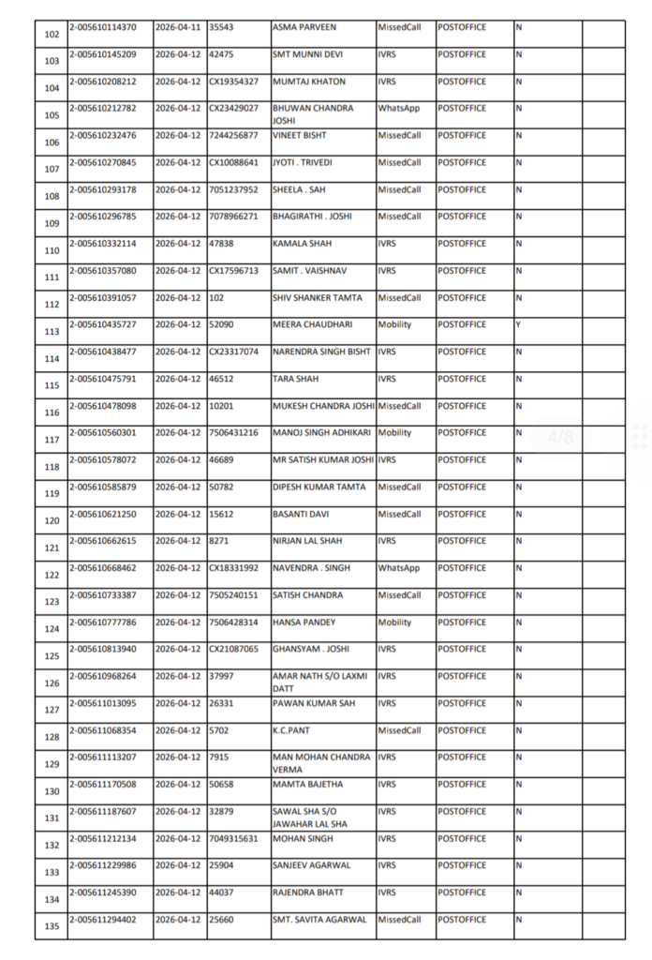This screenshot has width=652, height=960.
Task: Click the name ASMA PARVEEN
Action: tap(304, 27)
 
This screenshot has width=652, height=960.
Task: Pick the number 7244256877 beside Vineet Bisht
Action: tap(233, 136)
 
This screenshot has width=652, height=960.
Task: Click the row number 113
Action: tap(52, 331)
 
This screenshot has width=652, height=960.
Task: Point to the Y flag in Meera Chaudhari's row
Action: tap(518, 324)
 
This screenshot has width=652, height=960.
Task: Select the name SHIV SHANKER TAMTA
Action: tap(316, 298)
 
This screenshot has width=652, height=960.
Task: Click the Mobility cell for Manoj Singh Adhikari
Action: tap(394, 433)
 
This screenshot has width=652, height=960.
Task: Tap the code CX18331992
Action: tap(233, 568)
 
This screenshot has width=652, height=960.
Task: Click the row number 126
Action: tap(52, 682)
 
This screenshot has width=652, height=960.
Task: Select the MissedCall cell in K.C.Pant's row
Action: tap(399, 730)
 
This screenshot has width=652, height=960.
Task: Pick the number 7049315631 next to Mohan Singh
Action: tap(233, 838)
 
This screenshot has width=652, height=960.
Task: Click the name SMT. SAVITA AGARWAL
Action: tap(319, 920)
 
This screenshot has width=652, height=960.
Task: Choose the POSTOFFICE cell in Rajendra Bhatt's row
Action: tap(462, 892)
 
